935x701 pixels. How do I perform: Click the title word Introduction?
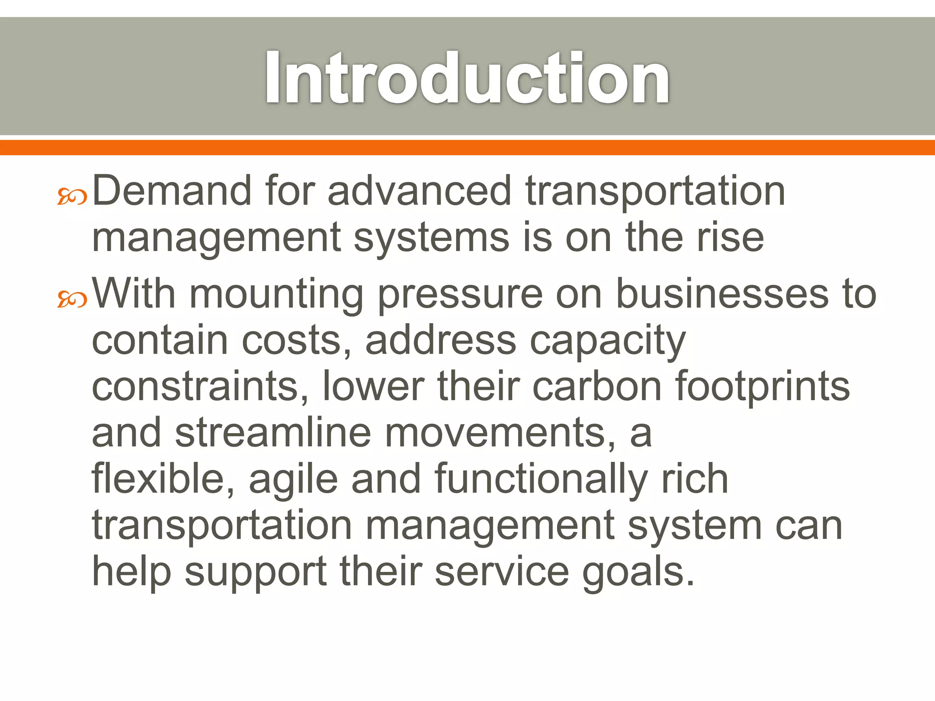coord(467,78)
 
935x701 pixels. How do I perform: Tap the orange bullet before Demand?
coord(72,197)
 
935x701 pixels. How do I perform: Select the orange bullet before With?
coord(72,299)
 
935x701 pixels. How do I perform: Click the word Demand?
coord(172,191)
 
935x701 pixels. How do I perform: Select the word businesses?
coord(722,294)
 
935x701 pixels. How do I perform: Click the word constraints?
coord(200,387)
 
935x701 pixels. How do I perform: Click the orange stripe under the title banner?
coord(467,147)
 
